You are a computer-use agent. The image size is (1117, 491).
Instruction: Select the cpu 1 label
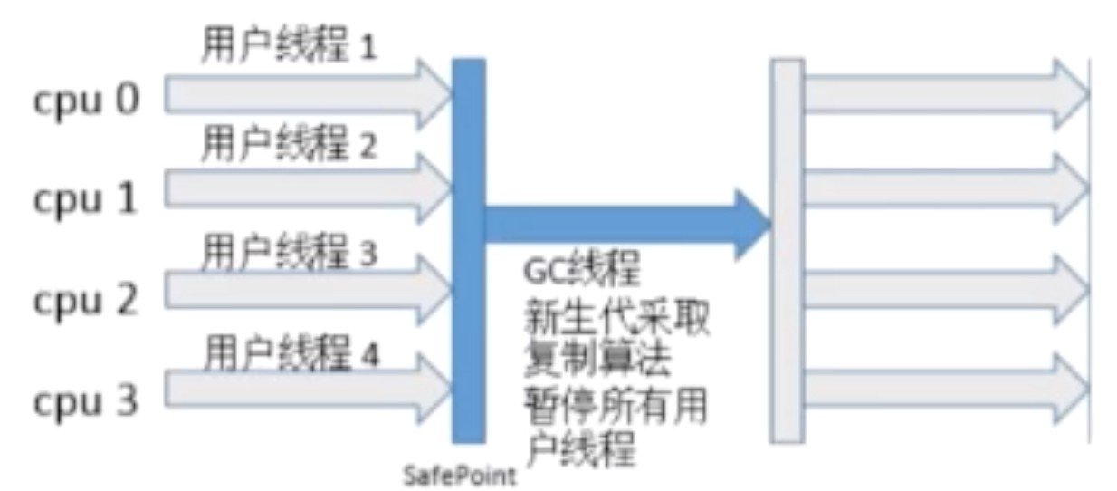(87, 198)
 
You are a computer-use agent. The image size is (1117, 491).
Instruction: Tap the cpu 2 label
(87, 299)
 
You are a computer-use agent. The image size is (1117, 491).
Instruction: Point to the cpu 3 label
(87, 400)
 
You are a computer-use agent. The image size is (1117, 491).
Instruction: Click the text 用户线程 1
(287, 46)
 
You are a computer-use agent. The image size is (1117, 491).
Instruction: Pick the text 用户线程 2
(287, 145)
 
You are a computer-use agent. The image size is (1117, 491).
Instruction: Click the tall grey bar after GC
(787, 249)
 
